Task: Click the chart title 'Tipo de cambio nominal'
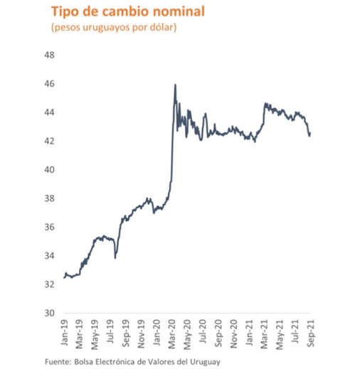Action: [118, 12]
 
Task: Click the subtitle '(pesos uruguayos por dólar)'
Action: [113, 28]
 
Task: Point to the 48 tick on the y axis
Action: [50, 55]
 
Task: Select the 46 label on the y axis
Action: [50, 84]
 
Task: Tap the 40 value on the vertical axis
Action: [50, 170]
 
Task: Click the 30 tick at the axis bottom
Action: [50, 313]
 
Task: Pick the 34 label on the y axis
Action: [50, 256]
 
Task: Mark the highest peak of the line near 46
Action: [175, 85]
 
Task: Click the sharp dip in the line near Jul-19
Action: [115, 257]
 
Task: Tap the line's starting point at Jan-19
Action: [64, 277]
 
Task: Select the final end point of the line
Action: [311, 133]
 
